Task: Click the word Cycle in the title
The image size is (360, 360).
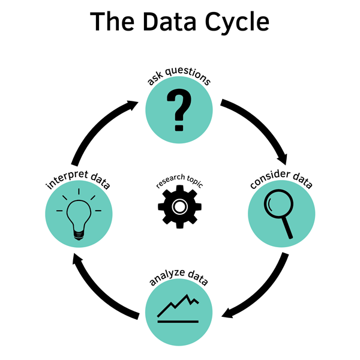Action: point(231,22)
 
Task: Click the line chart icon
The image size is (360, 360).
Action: point(178,307)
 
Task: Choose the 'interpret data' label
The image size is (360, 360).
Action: point(78,179)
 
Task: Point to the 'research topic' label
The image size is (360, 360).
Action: point(179,182)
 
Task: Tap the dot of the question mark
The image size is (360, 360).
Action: point(178,127)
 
